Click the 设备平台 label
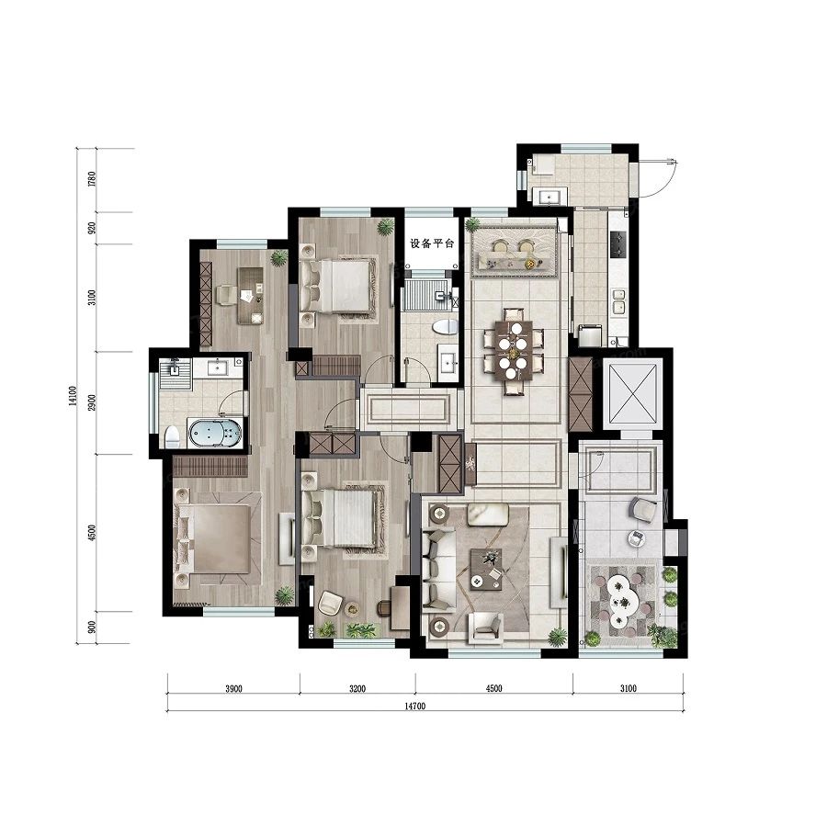(x=431, y=244)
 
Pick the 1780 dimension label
(x=91, y=179)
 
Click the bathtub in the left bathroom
(x=216, y=433)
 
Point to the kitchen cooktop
(x=617, y=243)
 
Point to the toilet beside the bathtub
(x=172, y=435)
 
